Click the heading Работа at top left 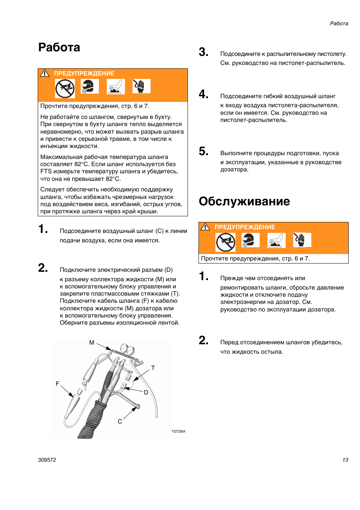click(x=59, y=48)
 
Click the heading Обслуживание click(x=244, y=202)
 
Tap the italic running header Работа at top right click(x=338, y=23)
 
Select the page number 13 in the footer click(x=345, y=460)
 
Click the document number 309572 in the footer click(x=47, y=460)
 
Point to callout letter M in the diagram click(x=92, y=343)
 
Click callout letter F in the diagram click(x=57, y=384)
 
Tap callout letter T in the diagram click(x=153, y=368)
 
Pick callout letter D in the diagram click(x=146, y=393)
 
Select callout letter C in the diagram click(x=120, y=421)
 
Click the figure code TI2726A click(x=178, y=431)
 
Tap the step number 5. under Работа click(x=203, y=151)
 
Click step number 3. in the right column click(x=203, y=52)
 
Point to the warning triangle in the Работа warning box click(x=45, y=73)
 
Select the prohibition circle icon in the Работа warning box click(x=65, y=89)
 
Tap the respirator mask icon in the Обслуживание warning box click(x=250, y=240)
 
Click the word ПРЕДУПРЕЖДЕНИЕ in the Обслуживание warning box click(x=245, y=227)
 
